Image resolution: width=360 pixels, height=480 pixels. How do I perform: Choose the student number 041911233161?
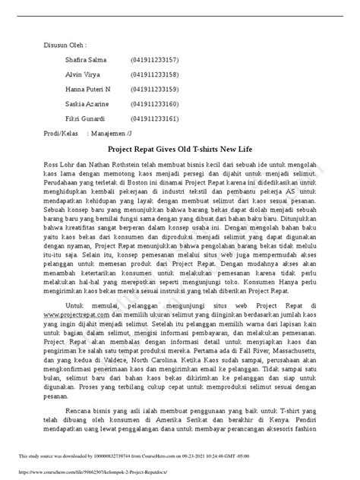pos(155,118)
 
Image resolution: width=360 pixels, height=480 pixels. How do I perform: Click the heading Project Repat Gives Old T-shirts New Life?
pos(180,152)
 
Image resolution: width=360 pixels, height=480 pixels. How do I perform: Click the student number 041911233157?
pos(155,58)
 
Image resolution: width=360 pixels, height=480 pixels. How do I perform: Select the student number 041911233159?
pos(155,89)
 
